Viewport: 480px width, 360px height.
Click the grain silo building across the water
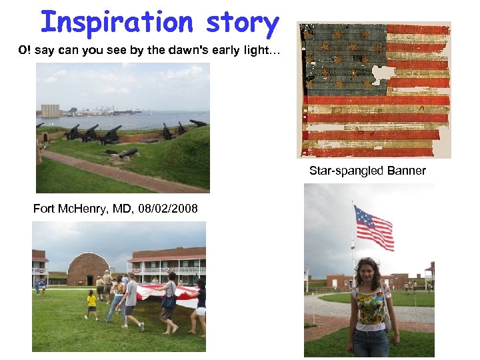pyautogui.click(x=50, y=111)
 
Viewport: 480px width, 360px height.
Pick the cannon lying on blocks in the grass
pyautogui.click(x=123, y=153)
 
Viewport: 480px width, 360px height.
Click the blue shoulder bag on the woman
pyautogui.click(x=169, y=301)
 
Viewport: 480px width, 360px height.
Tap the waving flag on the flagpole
pyautogui.click(x=374, y=226)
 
